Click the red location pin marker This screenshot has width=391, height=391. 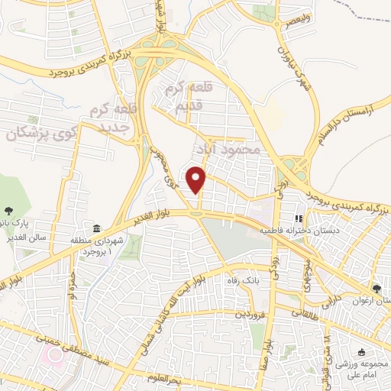197,179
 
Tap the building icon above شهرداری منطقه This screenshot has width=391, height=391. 96,228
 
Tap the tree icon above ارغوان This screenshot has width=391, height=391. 376,288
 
